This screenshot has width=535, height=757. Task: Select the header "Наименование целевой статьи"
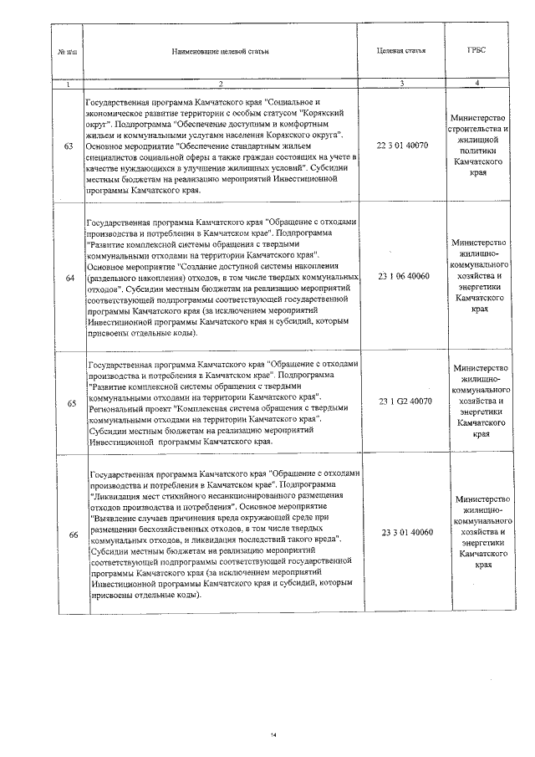pos(220,51)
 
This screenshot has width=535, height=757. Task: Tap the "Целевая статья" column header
pos(402,50)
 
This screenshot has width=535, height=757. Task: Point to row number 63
pos(69,146)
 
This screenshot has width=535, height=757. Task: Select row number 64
pos(69,276)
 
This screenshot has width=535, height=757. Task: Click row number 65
pos(69,402)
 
